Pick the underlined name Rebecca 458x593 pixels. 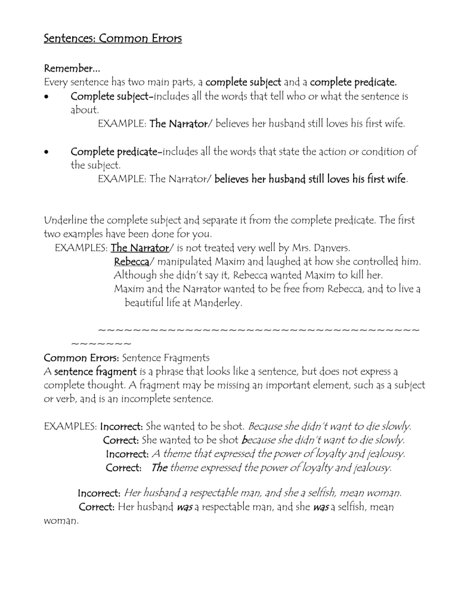click(131, 262)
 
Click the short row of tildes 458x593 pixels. click(101, 344)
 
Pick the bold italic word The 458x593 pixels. click(159, 468)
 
